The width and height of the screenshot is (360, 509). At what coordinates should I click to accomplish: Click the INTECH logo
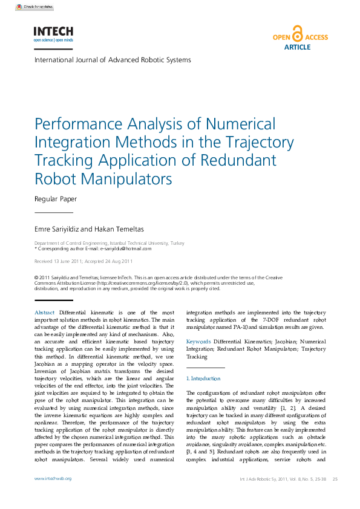click(53, 34)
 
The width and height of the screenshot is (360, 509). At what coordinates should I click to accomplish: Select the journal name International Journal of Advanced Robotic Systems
click(113, 60)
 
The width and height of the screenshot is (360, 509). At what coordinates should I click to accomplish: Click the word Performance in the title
click(77, 125)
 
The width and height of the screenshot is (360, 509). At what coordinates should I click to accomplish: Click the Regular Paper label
click(56, 198)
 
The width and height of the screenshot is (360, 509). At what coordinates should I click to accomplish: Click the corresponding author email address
click(125, 248)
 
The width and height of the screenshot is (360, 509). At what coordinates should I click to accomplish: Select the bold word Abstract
click(45, 312)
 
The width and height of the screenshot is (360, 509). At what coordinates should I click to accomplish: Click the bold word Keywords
click(198, 342)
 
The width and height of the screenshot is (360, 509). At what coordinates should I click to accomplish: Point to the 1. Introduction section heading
click(203, 378)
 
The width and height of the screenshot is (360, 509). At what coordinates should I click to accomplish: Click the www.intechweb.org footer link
click(53, 479)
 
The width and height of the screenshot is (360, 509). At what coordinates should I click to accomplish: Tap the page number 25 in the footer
click(335, 479)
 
